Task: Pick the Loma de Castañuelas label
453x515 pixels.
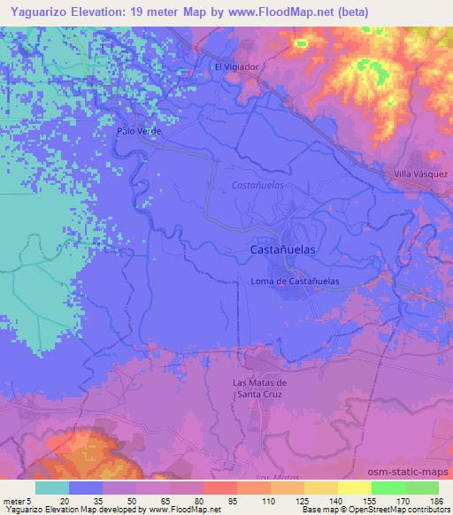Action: tap(296, 281)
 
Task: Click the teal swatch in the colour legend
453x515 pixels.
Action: tap(52, 487)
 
